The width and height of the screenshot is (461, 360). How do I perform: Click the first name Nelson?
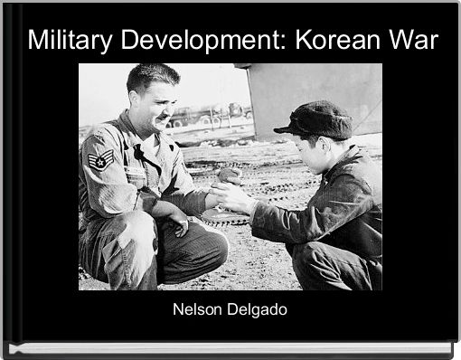pyautogui.click(x=197, y=310)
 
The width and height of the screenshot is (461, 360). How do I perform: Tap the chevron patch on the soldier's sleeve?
pyautogui.click(x=100, y=161)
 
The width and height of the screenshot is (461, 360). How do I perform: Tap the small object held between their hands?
pyautogui.click(x=231, y=175)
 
